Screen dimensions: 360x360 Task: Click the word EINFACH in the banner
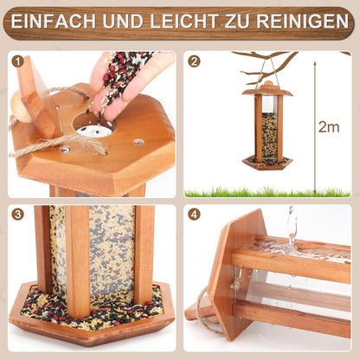pos(54,21)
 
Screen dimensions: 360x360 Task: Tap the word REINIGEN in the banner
pos(303,21)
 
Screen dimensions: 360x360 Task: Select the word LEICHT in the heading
pos(183,21)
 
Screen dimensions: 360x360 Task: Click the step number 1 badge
pos(17,61)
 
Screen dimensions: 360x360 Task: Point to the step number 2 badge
pos(194,61)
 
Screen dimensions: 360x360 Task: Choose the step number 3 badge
pos(17,215)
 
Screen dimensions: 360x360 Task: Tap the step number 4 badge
pos(194,215)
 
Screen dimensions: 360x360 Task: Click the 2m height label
pos(329,127)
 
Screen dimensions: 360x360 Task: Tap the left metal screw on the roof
pos(65,150)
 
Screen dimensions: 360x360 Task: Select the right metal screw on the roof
pos(138,142)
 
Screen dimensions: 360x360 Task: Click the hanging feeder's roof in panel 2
pos(267,90)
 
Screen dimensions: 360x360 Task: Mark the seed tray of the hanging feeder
pos(267,163)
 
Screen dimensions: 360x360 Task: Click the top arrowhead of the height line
pos(315,63)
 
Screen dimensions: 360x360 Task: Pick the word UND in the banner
pos(123,21)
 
